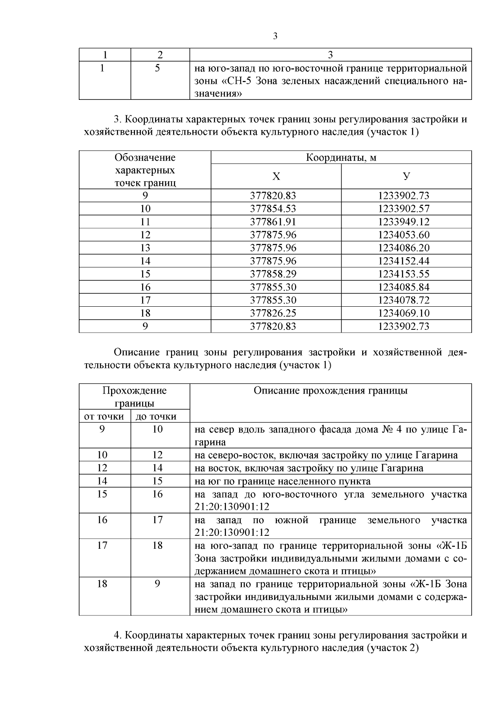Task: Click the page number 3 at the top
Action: [x=275, y=37]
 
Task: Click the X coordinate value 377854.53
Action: [x=273, y=209]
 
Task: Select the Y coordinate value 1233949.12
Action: [x=404, y=222]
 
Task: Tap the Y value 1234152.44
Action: [x=404, y=261]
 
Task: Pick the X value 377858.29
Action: [x=273, y=274]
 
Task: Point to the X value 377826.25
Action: [x=273, y=313]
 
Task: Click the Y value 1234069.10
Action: [x=404, y=313]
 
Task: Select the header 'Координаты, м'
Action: [x=341, y=158]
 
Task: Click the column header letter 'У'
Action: [x=406, y=176]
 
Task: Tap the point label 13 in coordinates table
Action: [x=145, y=248]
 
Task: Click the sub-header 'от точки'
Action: [x=104, y=417]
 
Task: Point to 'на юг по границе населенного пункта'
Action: [x=283, y=481]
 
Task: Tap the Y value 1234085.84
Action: [x=404, y=287]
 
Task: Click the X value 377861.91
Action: [x=273, y=222]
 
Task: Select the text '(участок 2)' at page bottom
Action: [x=393, y=647]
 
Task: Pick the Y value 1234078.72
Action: [x=404, y=300]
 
